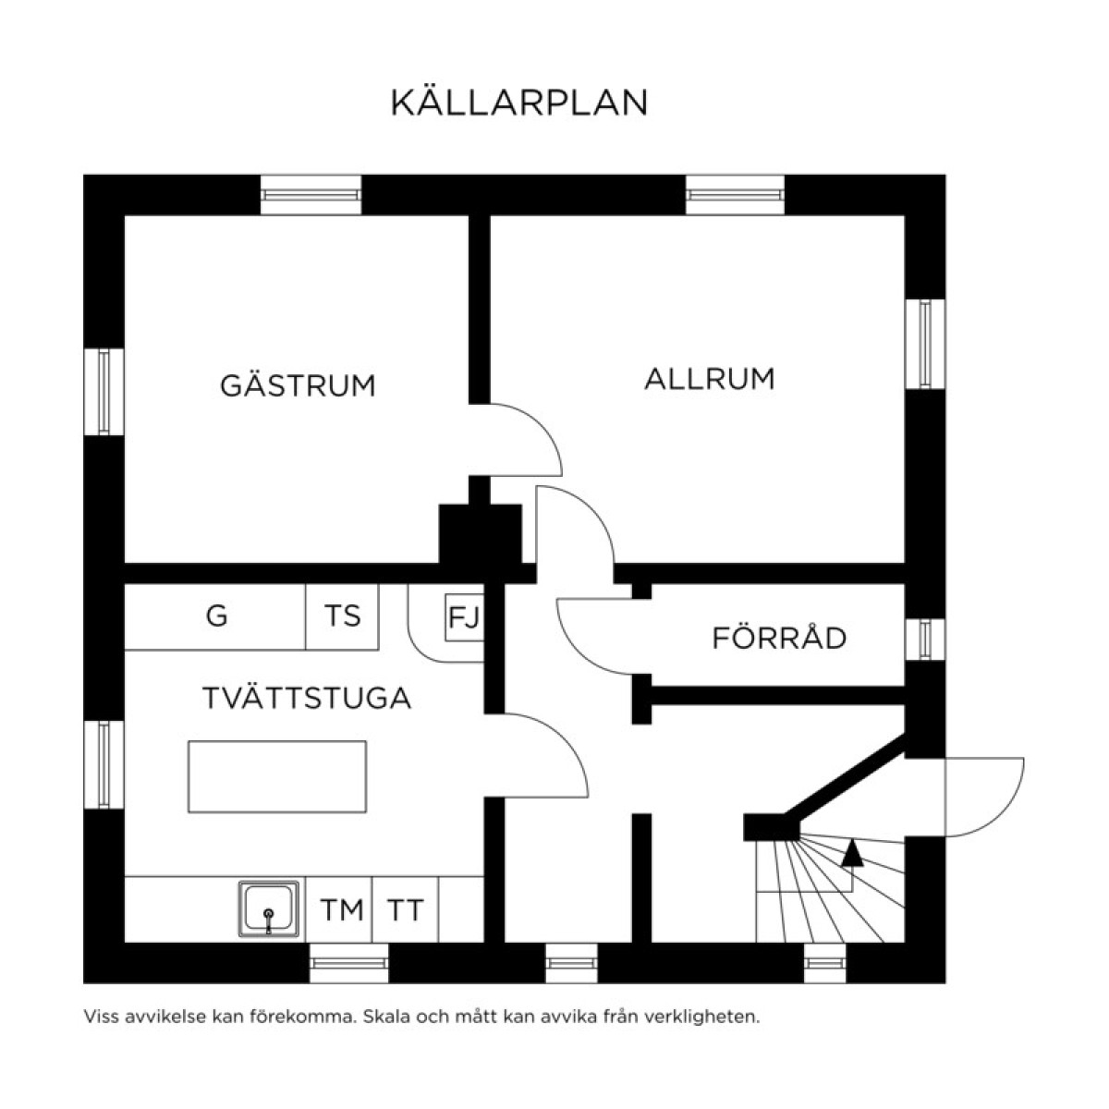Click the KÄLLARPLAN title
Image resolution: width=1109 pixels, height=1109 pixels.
pos(518,103)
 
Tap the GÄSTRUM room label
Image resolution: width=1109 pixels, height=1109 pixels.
pos(298,384)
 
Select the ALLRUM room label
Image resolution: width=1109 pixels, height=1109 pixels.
pos(709,379)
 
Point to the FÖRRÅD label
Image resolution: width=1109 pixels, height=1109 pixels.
pos(779,638)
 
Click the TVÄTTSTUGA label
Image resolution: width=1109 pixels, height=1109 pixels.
pos(306,699)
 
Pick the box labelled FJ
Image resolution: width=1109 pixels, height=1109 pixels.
pos(464,616)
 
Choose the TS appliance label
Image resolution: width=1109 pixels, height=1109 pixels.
pos(342,615)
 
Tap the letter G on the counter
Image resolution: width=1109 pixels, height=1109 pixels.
pos(216,615)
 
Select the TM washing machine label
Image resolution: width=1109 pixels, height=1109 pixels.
pos(342,910)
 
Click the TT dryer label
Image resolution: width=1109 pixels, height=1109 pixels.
pos(405,910)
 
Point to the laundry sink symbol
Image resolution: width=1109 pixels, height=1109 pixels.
pos(269,909)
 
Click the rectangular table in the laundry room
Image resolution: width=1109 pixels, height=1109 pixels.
pos(277,776)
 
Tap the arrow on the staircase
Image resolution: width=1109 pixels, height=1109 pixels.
pos(852,853)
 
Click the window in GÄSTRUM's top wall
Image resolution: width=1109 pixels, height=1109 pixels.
pos(311,195)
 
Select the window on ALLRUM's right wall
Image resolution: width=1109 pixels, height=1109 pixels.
pos(925,345)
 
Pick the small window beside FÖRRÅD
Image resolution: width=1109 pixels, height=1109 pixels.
pos(925,639)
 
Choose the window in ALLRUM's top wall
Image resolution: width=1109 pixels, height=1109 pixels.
pos(735,195)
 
